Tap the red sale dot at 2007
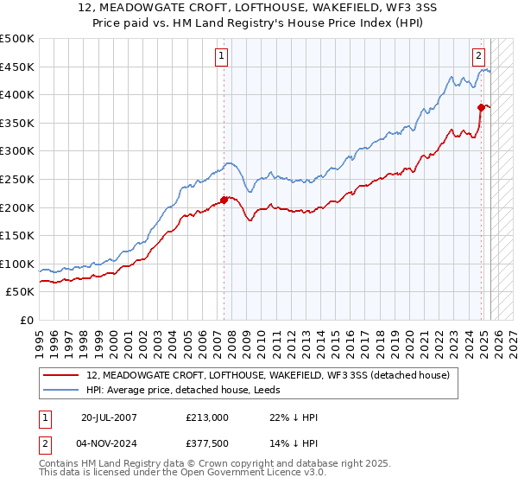[x=224, y=200]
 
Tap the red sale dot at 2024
[x=482, y=107]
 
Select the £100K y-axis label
[x=17, y=264]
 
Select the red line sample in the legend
[x=61, y=375]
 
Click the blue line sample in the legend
[x=61, y=389]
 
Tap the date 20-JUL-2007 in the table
[x=108, y=417]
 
